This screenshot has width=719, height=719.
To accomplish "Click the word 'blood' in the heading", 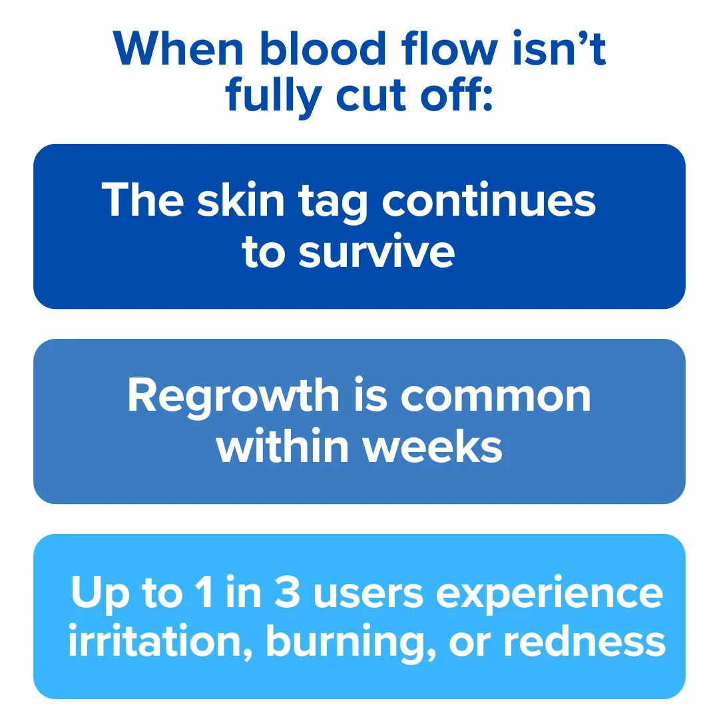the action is point(323,48).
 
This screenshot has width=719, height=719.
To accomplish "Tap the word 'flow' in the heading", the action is point(449,48).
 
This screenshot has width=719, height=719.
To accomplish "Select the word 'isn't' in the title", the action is point(559,48).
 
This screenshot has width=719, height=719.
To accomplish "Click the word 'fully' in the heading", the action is point(274,98).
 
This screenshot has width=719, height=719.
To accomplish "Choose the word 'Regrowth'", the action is point(233,397).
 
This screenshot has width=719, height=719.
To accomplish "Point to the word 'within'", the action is point(282,446).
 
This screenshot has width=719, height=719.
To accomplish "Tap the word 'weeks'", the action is point(433,446).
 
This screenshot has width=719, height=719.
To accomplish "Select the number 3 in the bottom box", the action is point(287,592).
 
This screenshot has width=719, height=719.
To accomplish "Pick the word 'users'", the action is point(368,595).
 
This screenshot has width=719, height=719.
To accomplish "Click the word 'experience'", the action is point(549,596).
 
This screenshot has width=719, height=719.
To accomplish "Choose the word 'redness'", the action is point(585,641).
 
